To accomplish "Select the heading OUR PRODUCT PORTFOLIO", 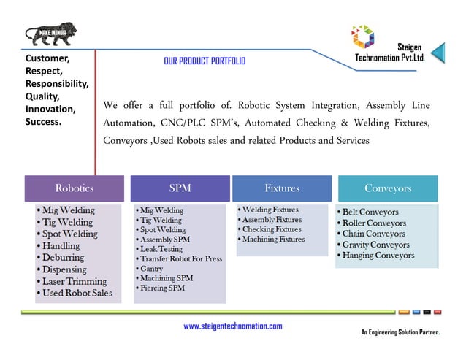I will (x=205, y=61).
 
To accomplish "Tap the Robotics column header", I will (x=75, y=188).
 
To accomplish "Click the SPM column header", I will (x=180, y=188).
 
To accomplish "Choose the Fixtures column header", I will (x=282, y=188).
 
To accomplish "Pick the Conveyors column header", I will (x=388, y=188).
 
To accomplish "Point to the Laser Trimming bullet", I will (x=73, y=281).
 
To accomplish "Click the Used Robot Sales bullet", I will (x=76, y=293).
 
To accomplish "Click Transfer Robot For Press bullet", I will (x=180, y=259).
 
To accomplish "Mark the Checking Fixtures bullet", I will (x=271, y=229).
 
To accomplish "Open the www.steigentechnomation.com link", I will (x=232, y=326).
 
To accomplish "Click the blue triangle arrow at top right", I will (x=438, y=52).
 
